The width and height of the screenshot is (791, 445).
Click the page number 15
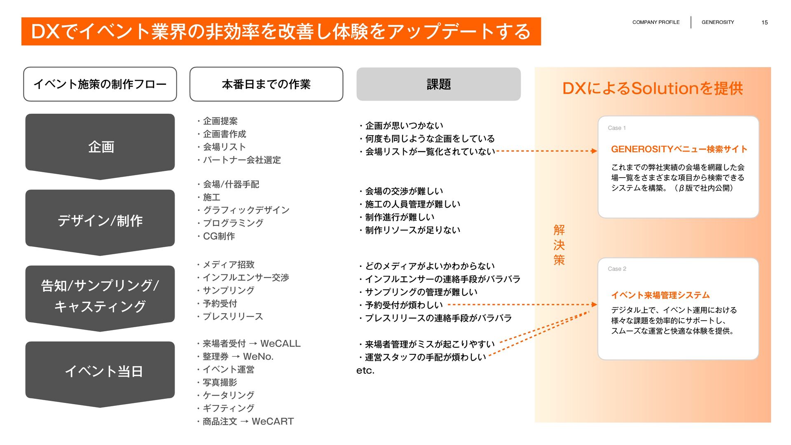point(764,22)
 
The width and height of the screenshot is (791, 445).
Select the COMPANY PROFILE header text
point(656,22)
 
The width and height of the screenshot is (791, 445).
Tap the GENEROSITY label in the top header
point(718,22)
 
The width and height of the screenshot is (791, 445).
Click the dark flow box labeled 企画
point(100,146)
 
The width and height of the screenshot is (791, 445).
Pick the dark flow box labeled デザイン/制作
point(100,221)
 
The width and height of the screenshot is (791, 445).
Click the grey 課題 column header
point(438,84)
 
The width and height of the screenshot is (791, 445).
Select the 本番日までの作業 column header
point(266,84)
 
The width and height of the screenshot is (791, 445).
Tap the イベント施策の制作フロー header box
point(100,84)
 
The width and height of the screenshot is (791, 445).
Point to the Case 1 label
point(617,128)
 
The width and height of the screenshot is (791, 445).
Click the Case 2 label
point(617,269)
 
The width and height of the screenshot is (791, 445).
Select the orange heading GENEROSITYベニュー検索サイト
point(679,149)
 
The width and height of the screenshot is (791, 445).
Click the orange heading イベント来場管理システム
point(660,295)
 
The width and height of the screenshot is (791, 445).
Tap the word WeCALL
point(281,344)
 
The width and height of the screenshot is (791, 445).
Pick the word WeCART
point(273,422)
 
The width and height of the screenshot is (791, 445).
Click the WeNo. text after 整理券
point(258,356)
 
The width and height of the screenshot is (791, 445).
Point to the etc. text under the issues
point(365,370)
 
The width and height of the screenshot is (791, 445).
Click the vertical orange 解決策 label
point(559,245)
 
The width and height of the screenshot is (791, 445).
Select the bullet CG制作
point(219,236)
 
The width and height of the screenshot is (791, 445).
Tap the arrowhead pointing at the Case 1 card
point(594,151)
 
